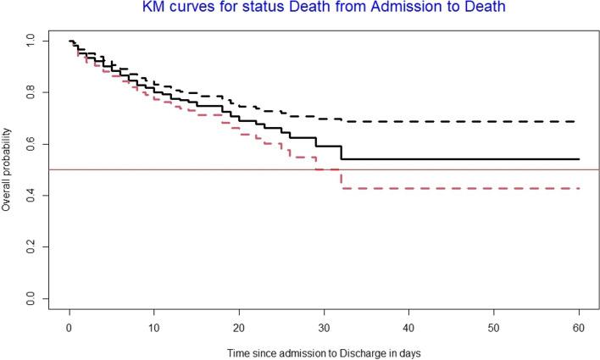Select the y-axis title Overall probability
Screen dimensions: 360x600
(8, 169)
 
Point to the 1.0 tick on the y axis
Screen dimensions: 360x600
(31, 40)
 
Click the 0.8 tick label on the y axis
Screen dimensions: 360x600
(31, 91)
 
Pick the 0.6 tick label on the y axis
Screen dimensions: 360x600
(31, 144)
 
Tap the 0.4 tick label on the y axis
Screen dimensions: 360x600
(31, 196)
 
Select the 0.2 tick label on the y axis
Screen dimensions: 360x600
(31, 247)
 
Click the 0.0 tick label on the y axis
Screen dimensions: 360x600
(31, 299)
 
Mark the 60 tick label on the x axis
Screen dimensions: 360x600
(578, 326)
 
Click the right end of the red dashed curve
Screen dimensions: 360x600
(578, 188)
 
